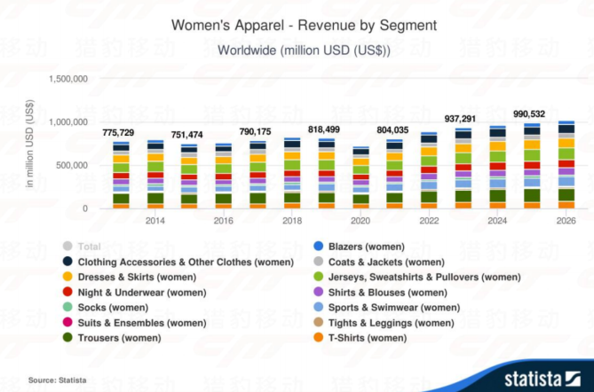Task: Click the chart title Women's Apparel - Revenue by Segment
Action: click(x=304, y=25)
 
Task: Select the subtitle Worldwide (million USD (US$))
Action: click(x=304, y=51)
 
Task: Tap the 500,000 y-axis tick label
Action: click(x=69, y=166)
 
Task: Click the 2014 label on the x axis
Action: click(x=154, y=221)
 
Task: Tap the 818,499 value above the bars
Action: click(x=324, y=129)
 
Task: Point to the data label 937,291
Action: click(x=460, y=118)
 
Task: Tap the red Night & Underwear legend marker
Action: click(x=67, y=292)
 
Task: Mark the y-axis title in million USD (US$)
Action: click(x=30, y=146)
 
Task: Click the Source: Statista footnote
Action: click(x=57, y=380)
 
